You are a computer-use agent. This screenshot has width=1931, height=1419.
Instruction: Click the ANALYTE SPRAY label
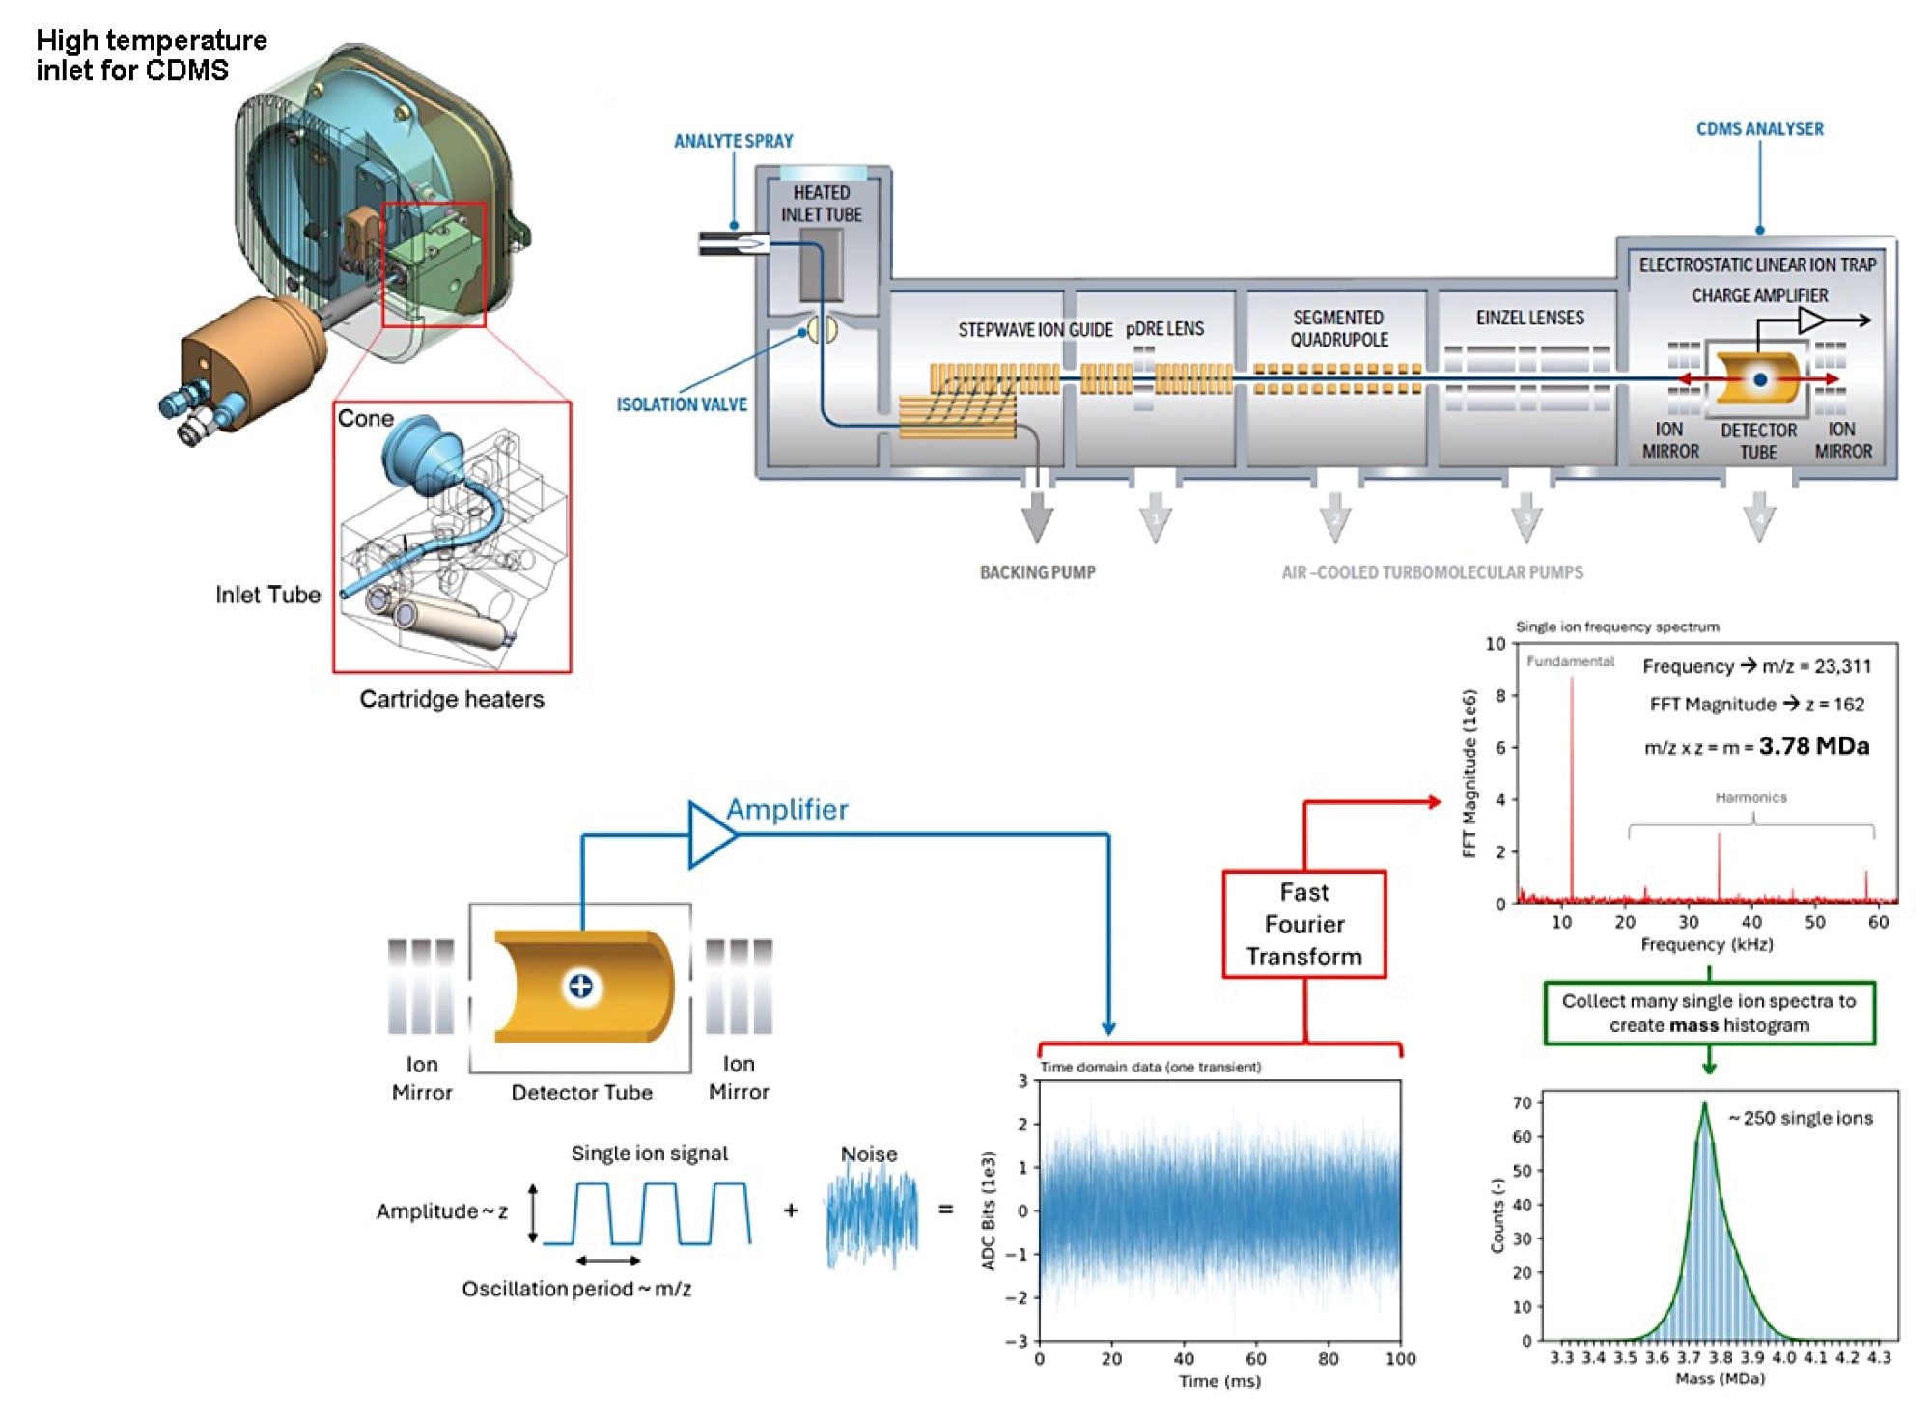[733, 141]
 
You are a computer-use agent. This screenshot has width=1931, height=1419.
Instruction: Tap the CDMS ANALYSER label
[1759, 129]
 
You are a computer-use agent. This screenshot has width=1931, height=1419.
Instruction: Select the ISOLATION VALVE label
[682, 404]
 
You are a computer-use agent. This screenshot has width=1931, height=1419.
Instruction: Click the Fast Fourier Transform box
[1303, 924]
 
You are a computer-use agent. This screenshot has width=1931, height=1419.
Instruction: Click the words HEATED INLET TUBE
[822, 204]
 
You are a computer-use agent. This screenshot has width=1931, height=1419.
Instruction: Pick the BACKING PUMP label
[1037, 572]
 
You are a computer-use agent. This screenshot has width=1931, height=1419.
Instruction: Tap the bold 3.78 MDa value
[1813, 746]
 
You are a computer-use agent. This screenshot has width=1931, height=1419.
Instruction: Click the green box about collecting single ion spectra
[1708, 1013]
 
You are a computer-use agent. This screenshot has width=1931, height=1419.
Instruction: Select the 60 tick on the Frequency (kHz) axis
[1878, 922]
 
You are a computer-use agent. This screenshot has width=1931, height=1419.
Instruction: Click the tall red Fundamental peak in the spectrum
[1571, 772]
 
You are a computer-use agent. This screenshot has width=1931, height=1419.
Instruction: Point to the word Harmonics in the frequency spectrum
[1750, 797]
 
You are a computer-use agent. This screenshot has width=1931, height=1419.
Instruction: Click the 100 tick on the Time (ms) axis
[1400, 1359]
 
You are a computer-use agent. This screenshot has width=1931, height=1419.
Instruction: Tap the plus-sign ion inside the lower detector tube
[580, 986]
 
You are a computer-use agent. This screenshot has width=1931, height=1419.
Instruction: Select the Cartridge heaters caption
[452, 699]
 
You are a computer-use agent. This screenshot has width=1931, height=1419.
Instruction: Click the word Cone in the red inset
[365, 419]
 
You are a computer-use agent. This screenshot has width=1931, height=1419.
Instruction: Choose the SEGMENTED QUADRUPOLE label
[1338, 328]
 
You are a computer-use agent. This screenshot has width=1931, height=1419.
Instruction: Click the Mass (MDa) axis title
[1720, 1378]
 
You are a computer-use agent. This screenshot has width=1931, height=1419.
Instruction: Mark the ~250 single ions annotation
[1800, 1118]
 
